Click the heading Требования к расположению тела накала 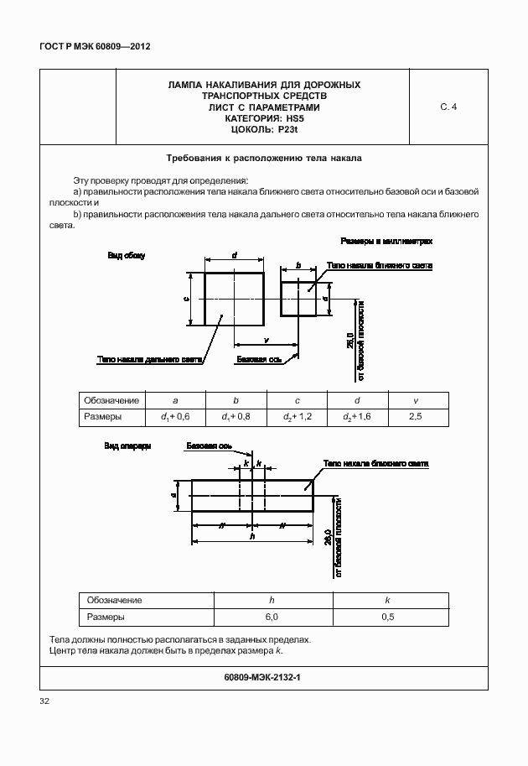(264, 157)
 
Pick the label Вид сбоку (126, 256)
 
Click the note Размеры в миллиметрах (386, 241)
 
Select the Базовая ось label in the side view (257, 360)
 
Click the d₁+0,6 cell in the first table (175, 416)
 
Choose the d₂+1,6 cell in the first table (357, 416)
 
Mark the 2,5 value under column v (417, 416)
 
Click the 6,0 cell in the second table (271, 617)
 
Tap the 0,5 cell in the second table (387, 617)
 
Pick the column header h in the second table (271, 600)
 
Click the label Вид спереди (127, 446)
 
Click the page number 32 (45, 701)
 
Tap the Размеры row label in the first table (103, 416)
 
